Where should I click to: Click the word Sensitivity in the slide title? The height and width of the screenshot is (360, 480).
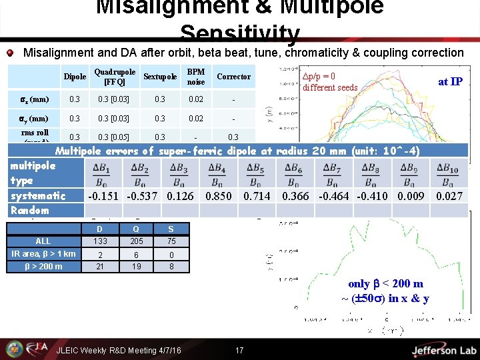click(240, 33)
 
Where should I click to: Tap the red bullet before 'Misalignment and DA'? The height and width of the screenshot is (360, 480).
click(10, 53)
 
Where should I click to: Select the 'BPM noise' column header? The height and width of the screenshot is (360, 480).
click(195, 77)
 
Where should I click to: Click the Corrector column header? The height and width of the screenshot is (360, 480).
click(233, 77)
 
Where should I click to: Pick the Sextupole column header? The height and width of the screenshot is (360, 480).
click(160, 77)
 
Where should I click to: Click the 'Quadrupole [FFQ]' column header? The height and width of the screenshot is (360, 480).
click(115, 77)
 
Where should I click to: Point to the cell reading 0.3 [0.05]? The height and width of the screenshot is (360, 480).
click(115, 137)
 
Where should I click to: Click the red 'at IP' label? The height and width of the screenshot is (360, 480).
click(450, 81)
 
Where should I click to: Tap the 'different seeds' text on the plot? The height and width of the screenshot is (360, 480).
click(330, 87)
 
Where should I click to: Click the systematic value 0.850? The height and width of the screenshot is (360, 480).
click(219, 196)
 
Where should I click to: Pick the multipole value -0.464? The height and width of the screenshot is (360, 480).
click(333, 196)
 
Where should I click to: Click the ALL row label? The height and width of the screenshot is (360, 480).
click(43, 241)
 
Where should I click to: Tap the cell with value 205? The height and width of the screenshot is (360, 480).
click(137, 241)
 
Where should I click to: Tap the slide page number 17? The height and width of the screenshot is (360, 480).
click(240, 350)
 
